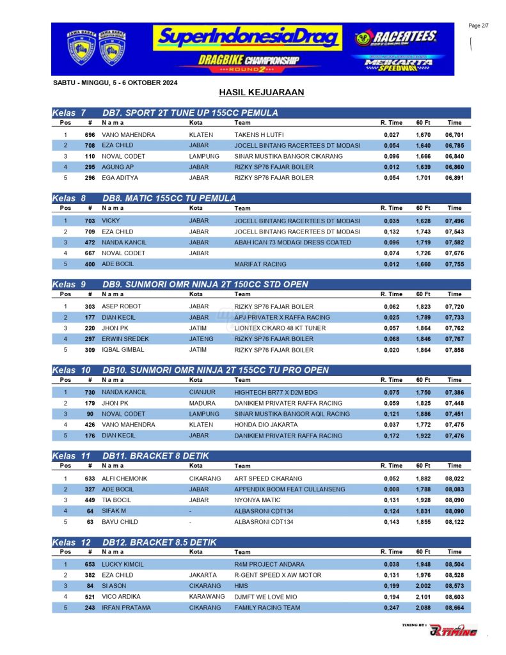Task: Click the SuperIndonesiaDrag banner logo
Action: point(246,38)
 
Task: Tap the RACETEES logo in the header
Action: point(396,38)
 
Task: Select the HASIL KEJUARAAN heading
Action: point(261,93)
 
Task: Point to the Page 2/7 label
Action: point(479,26)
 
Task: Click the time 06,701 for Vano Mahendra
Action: point(454,135)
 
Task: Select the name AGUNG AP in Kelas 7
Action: point(116,167)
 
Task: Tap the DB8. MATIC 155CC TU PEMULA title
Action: point(169,198)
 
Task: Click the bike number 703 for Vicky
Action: point(90,221)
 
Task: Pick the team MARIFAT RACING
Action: point(258,264)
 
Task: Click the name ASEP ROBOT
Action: point(122,306)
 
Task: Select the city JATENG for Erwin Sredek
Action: point(201,339)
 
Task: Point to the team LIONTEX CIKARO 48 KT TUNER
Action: point(280,328)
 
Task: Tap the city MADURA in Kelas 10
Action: point(202,404)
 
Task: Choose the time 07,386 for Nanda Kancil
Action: point(454,393)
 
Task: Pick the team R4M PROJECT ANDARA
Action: point(269,565)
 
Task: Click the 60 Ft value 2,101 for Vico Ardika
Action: point(423,597)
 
